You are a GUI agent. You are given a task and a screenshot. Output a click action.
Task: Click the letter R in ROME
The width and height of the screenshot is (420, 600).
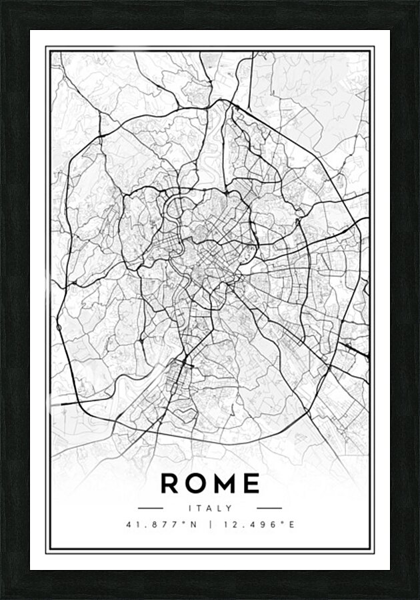point(171,483)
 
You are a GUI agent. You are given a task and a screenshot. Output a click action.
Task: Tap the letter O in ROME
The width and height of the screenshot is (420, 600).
point(197,483)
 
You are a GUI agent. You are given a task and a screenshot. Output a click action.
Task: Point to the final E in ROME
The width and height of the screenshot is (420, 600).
point(251,483)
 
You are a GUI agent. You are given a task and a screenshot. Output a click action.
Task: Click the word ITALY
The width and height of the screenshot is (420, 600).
point(210,508)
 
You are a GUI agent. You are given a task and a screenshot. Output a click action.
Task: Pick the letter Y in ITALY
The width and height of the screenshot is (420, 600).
point(230,508)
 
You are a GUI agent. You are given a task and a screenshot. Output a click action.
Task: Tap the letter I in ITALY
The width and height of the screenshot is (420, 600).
point(190,508)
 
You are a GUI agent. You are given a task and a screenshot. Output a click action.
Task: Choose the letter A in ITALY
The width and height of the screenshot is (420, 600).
point(210,508)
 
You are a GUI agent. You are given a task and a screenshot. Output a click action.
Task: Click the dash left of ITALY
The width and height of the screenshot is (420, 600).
point(151,508)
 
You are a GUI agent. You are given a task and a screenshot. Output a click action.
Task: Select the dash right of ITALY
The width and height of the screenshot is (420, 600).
point(269,508)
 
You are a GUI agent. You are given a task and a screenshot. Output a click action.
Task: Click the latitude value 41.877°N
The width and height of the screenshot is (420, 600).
point(162,525)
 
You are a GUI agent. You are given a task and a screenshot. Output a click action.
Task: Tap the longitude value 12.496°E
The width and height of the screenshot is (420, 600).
point(257,525)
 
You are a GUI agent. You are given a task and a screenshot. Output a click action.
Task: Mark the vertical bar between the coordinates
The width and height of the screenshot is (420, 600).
point(210,525)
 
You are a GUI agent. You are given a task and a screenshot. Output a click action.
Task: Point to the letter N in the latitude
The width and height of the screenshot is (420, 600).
point(195,525)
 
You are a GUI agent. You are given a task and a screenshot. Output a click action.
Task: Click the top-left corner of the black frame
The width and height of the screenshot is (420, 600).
point(2,2)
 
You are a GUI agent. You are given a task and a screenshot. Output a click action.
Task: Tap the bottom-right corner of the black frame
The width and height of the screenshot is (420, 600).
point(417,597)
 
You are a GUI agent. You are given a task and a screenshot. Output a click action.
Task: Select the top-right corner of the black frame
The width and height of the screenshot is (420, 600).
point(417,2)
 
